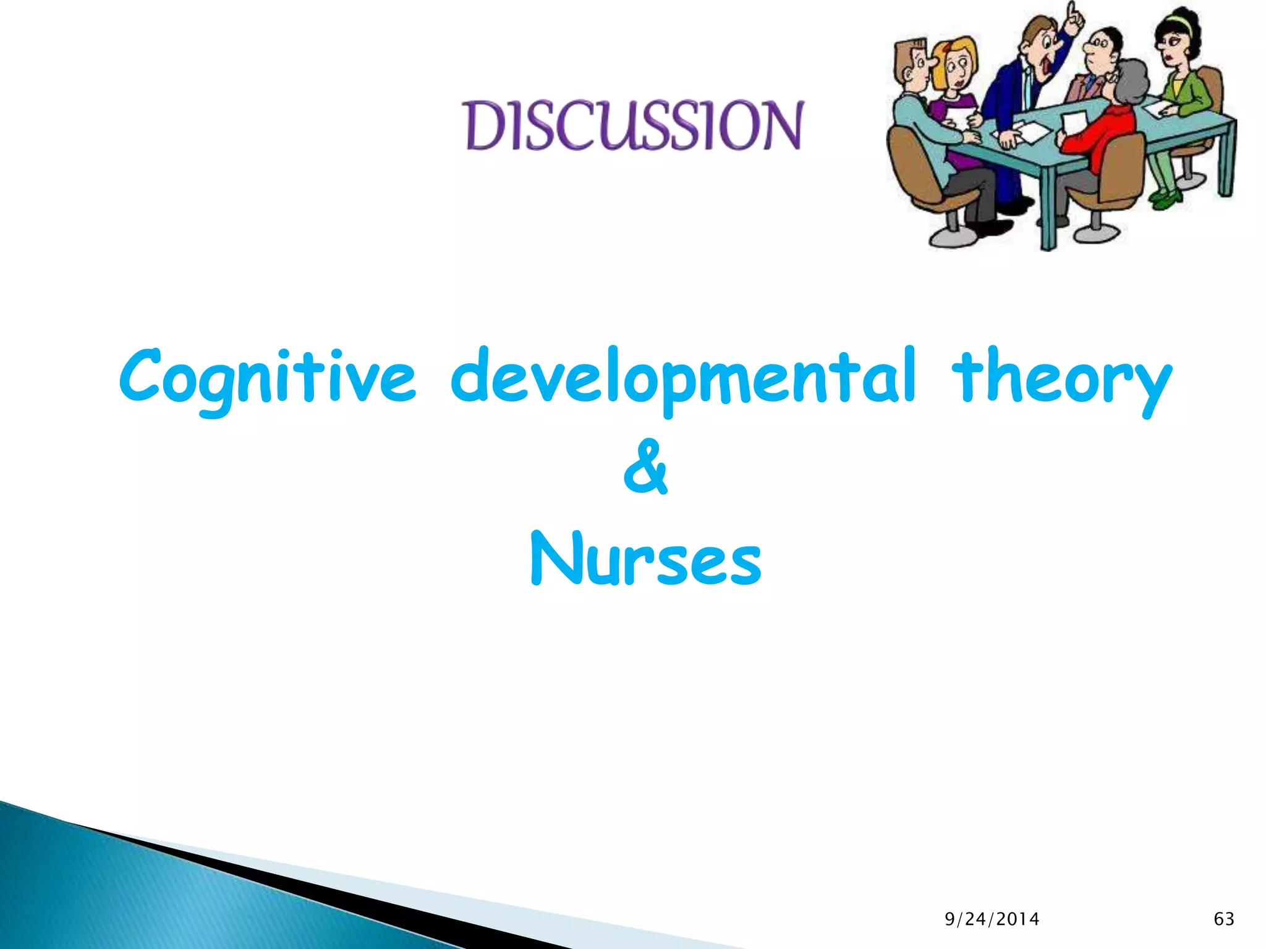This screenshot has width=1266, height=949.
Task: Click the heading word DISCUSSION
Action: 634,126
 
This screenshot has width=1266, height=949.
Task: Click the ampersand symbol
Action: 645,468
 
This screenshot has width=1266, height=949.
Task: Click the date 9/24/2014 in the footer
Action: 992,919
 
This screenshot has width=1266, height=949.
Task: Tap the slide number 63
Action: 1223,919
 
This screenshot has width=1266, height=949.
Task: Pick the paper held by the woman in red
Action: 1074,121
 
